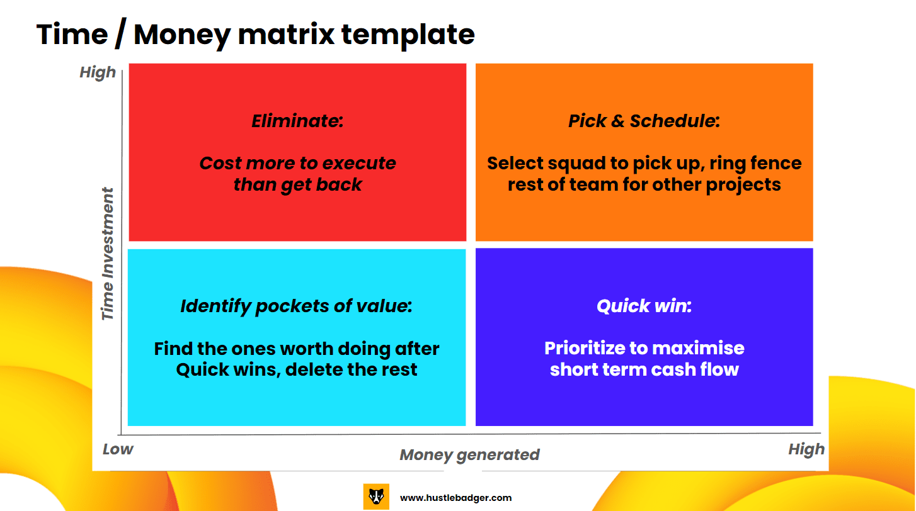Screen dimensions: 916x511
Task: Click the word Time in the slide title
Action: [x=72, y=35]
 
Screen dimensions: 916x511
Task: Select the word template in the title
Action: [x=408, y=35]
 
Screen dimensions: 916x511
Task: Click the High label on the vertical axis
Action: [x=98, y=72]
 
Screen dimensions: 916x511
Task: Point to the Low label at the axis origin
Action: [x=118, y=449]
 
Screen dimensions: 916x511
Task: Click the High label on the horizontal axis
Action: [x=806, y=449]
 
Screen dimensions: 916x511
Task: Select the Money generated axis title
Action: [x=469, y=455]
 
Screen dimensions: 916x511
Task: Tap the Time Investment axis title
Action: [x=107, y=254]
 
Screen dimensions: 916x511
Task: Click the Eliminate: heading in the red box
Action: [x=297, y=121]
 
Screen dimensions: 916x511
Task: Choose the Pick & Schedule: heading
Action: [x=644, y=121]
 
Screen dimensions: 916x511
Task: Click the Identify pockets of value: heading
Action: [x=297, y=306]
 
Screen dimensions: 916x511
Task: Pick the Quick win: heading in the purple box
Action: [x=644, y=306]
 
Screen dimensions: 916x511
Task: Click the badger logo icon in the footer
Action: [x=376, y=497]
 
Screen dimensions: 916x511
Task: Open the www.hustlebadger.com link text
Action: [x=455, y=498]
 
